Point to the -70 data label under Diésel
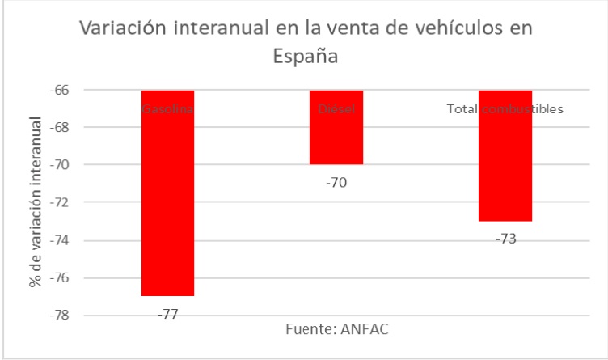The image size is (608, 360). (x=336, y=182)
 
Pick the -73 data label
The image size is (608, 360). (x=505, y=239)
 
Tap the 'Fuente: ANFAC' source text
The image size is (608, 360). (x=337, y=330)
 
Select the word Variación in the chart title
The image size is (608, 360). (x=116, y=30)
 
